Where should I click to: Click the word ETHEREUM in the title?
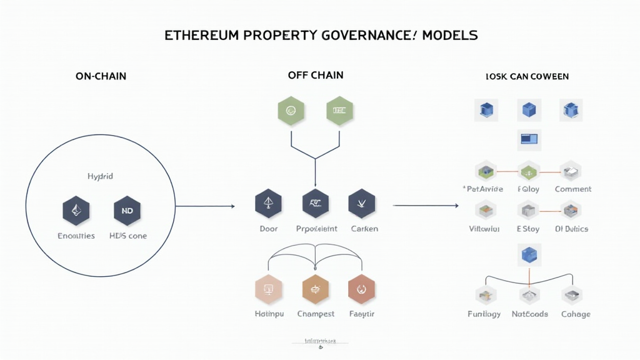click(202, 36)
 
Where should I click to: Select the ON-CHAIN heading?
click(101, 76)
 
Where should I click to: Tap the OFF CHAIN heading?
click(316, 75)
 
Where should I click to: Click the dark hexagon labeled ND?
click(127, 211)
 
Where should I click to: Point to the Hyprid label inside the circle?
click(100, 177)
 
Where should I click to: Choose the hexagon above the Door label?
click(269, 203)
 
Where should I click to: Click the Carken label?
click(364, 229)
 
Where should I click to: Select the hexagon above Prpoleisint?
click(316, 203)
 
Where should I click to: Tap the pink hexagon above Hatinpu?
click(269, 289)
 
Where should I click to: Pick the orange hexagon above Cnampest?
click(316, 289)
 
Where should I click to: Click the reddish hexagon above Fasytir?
click(362, 289)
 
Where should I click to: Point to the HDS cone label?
click(127, 236)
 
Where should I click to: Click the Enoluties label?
click(76, 236)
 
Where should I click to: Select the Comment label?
click(573, 189)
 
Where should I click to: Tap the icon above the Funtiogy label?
click(484, 295)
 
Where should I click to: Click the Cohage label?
click(576, 314)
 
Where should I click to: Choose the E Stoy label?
click(528, 229)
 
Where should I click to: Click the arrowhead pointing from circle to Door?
click(232, 206)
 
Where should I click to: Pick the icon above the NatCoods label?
click(529, 295)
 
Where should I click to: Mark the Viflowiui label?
click(484, 229)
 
